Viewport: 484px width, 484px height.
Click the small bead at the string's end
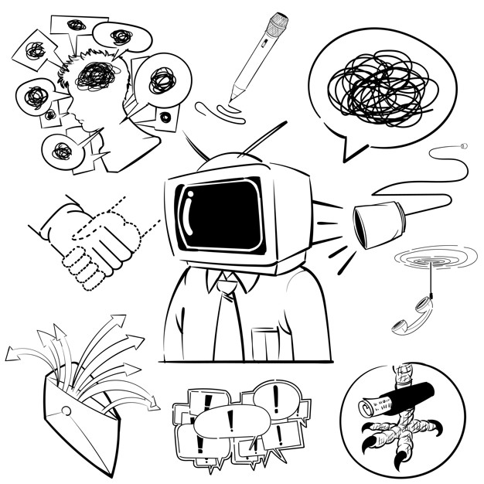point(464,145)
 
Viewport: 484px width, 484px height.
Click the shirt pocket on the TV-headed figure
point(265,344)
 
